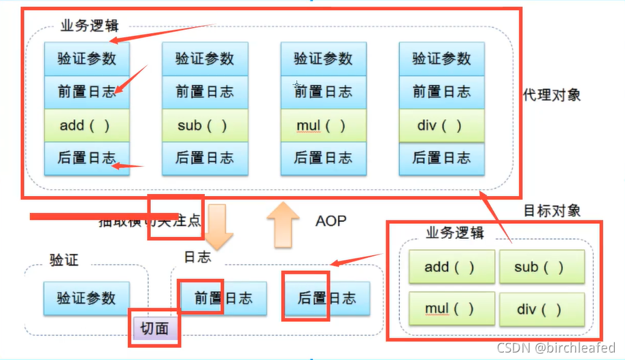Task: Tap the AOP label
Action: pyautogui.click(x=331, y=220)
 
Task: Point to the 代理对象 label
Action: pyautogui.click(x=552, y=95)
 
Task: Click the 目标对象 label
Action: pyautogui.click(x=552, y=210)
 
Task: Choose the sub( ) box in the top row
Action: pyautogui.click(x=205, y=126)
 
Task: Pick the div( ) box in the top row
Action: pyautogui.click(x=441, y=126)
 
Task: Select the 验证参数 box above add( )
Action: pyautogui.click(x=86, y=59)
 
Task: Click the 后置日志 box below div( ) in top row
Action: pyautogui.click(x=441, y=158)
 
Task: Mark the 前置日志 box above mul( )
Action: pyautogui.click(x=323, y=92)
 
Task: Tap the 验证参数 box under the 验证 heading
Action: pyautogui.click(x=86, y=297)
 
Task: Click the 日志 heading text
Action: pyautogui.click(x=197, y=257)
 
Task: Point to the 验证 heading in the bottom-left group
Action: pyautogui.click(x=64, y=259)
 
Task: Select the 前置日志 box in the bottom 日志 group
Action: pyautogui.click(x=223, y=297)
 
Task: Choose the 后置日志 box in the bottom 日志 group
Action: pyautogui.click(x=326, y=297)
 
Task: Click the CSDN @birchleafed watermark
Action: pyautogui.click(x=556, y=348)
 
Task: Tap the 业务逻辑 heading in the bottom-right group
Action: pyautogui.click(x=454, y=233)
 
